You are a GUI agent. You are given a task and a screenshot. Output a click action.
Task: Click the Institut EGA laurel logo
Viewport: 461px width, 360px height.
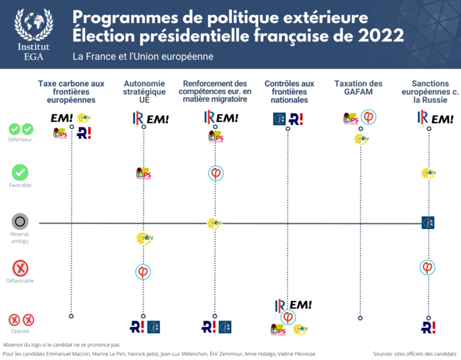pyautogui.click(x=34, y=27)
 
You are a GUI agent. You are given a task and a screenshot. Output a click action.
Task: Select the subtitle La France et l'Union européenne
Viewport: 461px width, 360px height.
pyautogui.click(x=143, y=57)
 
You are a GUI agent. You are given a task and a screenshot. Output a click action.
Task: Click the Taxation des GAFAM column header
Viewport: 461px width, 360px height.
pyautogui.click(x=358, y=88)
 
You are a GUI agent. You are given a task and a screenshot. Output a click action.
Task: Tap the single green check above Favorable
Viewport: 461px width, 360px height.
pyautogui.click(x=20, y=172)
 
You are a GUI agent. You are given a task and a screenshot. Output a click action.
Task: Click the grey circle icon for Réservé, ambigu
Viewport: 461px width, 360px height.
pyautogui.click(x=20, y=222)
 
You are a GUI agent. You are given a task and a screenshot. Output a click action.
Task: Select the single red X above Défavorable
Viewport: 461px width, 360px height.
pyautogui.click(x=20, y=269)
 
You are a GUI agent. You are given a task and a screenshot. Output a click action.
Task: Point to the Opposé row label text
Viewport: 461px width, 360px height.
pyautogui.click(x=20, y=331)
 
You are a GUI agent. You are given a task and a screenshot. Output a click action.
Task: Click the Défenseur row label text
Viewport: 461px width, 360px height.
pyautogui.click(x=20, y=140)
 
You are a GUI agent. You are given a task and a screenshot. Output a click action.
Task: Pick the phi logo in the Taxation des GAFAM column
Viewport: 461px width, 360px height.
pyautogui.click(x=369, y=118)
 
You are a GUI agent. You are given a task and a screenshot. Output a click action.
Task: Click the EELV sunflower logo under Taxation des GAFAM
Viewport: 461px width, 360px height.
pyautogui.click(x=361, y=139)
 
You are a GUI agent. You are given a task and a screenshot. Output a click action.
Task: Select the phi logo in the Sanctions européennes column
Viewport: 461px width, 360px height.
pyautogui.click(x=428, y=267)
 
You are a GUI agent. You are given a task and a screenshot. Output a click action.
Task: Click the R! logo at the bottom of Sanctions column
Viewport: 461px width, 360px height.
pyautogui.click(x=428, y=326)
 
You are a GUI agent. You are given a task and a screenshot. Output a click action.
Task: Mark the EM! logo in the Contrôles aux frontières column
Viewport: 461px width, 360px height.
pyautogui.click(x=300, y=305)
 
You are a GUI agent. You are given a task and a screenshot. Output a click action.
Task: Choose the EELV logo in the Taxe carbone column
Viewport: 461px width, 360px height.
pyautogui.click(x=83, y=118)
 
